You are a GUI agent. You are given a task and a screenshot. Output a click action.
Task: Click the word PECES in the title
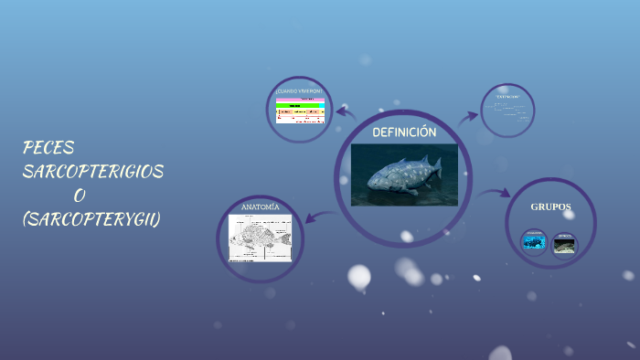point(48,148)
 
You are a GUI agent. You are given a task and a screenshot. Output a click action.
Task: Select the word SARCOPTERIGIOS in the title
point(93,172)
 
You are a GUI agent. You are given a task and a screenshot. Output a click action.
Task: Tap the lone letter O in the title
point(80,196)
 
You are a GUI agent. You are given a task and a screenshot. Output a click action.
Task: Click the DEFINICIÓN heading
point(404,133)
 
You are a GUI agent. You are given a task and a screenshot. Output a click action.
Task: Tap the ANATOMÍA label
point(260,207)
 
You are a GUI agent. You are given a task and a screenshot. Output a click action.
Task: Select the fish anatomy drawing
point(260,238)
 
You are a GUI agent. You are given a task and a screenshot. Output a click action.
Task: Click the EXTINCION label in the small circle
point(507,97)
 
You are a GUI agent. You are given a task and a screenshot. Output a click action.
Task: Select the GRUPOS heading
point(550,207)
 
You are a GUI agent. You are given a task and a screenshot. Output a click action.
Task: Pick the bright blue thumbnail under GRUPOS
point(534,243)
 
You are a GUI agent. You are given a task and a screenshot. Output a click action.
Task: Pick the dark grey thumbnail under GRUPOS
point(565,244)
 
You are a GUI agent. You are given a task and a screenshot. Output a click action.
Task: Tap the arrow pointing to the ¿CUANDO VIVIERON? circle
point(345,112)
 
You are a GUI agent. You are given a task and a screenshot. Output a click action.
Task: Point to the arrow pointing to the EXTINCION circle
point(469,116)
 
